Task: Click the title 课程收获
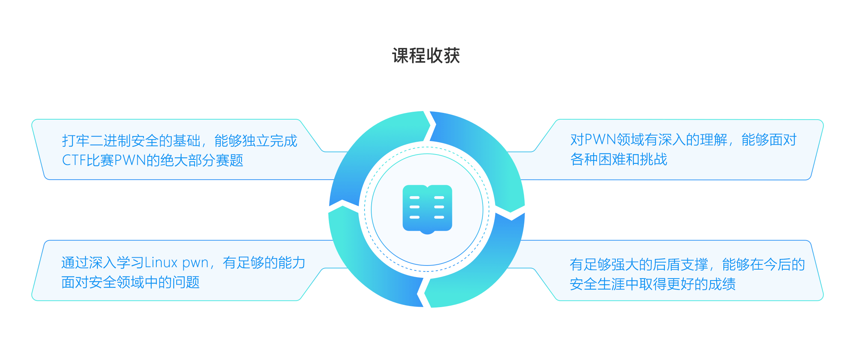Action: [426, 55]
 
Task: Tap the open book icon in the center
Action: [427, 208]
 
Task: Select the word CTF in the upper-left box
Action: [73, 160]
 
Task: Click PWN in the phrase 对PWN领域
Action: [600, 140]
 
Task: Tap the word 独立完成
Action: [270, 141]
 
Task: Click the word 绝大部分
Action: [187, 160]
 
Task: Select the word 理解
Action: [714, 140]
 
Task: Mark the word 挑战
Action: [653, 160]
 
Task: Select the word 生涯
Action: [612, 284]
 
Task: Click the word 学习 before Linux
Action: [130, 263]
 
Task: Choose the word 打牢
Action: [76, 141]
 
